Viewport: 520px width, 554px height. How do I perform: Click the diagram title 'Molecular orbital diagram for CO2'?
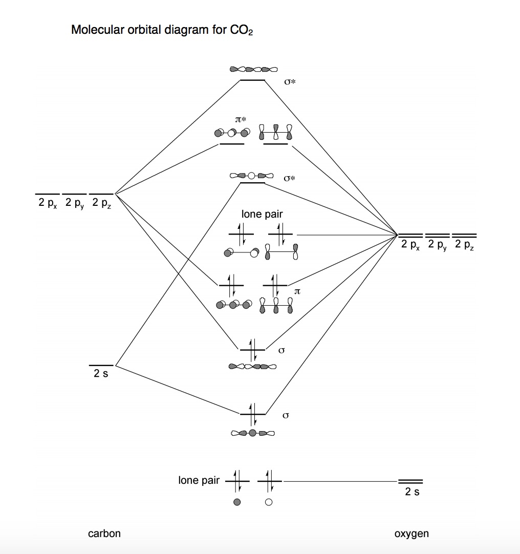pos(162,30)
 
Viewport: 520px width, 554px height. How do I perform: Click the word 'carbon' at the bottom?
pos(104,534)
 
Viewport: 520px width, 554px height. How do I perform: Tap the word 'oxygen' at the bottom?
pos(411,534)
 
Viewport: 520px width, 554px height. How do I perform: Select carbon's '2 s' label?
pos(101,374)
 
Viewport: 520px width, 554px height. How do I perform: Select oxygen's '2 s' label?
pos(412,492)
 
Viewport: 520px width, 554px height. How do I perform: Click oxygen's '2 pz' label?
pos(465,245)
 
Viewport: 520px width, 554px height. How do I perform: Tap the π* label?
pos(241,119)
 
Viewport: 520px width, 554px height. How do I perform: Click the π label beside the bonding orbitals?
pos(297,291)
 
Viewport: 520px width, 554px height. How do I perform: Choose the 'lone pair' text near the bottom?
pos(199,480)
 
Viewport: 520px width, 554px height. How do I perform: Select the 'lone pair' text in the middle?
pos(262,215)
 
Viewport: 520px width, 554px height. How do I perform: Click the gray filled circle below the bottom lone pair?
pos(236,502)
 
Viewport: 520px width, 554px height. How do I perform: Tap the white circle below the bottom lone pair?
pos(269,502)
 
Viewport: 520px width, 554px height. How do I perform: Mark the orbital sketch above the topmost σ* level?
pos(253,69)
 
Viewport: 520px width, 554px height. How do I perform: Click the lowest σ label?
pos(286,415)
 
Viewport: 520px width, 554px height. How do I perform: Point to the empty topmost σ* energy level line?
pos(253,80)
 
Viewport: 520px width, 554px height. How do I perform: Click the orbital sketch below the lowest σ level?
pos(253,433)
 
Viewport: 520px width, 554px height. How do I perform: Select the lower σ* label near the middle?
pos(290,179)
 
